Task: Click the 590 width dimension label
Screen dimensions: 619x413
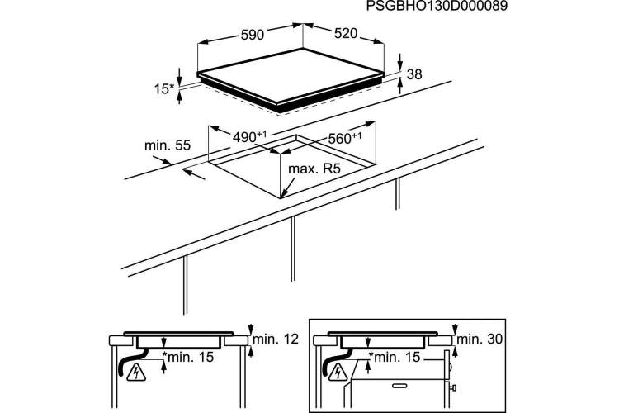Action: pyautogui.click(x=253, y=35)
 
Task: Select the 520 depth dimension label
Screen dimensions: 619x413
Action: pyautogui.click(x=346, y=34)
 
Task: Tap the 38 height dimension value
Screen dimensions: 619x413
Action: pyautogui.click(x=414, y=74)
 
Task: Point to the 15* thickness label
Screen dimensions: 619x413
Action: pyautogui.click(x=164, y=89)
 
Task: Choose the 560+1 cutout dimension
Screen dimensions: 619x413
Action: pyautogui.click(x=345, y=138)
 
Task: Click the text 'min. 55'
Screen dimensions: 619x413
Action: pyautogui.click(x=168, y=145)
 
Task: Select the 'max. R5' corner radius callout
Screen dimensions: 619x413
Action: pyautogui.click(x=314, y=169)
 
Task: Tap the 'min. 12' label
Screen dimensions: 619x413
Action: pyautogui.click(x=276, y=339)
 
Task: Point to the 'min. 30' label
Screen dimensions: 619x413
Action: pyautogui.click(x=480, y=339)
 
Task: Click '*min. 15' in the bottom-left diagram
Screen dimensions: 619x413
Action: pyautogui.click(x=188, y=357)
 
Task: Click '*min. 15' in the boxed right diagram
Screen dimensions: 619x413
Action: pyautogui.click(x=394, y=357)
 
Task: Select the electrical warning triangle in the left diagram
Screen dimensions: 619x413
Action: pyautogui.click(x=136, y=373)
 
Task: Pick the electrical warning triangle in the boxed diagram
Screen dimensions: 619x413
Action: pyautogui.click(x=338, y=372)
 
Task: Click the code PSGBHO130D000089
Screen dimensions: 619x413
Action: pyautogui.click(x=437, y=7)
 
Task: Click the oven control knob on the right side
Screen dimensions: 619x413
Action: pyautogui.click(x=453, y=387)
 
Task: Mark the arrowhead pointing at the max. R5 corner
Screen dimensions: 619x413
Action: pyautogui.click(x=285, y=192)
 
